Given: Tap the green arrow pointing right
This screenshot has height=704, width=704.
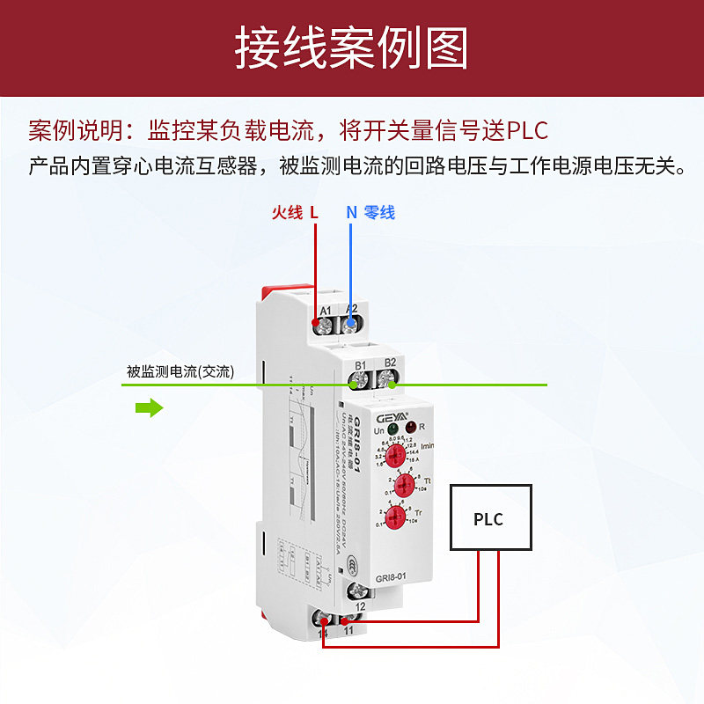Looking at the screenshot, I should (x=150, y=407).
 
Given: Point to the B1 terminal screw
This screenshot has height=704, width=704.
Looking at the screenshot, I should (x=360, y=381).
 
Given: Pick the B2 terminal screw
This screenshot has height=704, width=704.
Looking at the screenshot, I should (x=389, y=381).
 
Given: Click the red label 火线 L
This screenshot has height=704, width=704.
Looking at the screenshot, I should (x=295, y=212).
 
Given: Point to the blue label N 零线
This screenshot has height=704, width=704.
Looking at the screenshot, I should (x=370, y=212).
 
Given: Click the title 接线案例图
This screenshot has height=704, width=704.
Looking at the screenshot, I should (x=351, y=48).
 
